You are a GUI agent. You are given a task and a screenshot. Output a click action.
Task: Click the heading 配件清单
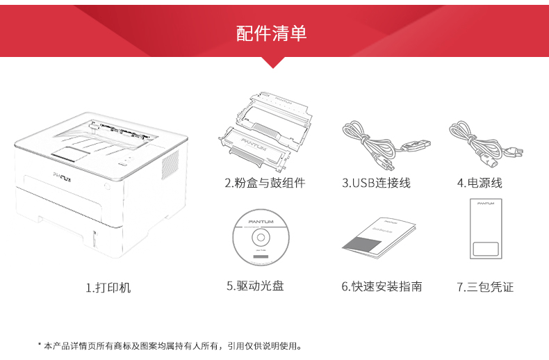[271, 33]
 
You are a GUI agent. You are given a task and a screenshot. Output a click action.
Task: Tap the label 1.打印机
[108, 288]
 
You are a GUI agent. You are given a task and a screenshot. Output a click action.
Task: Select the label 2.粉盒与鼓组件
[265, 183]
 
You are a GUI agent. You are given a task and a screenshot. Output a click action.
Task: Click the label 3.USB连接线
[376, 183]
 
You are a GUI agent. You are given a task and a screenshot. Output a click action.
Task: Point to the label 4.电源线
[480, 183]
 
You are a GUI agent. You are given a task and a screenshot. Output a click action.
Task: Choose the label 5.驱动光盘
[255, 286]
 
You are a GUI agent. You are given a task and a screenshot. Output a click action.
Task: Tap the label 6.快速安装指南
[382, 286]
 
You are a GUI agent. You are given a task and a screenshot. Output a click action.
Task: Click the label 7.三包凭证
[485, 287]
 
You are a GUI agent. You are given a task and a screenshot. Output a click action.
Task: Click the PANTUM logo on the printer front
[62, 177]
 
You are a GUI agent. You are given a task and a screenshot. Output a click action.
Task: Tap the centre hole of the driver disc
[261, 238]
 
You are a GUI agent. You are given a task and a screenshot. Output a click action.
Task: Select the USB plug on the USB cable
[418, 145]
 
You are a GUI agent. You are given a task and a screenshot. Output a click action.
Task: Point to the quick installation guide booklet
[379, 238]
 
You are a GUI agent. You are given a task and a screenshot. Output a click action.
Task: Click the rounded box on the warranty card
[486, 249]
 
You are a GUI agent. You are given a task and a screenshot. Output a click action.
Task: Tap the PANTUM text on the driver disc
[261, 222]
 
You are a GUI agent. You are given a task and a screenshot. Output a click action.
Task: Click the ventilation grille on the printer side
[170, 164]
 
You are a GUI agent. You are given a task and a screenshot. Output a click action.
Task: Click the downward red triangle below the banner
[273, 63]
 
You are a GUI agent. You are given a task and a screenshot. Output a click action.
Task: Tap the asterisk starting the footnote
[40, 345]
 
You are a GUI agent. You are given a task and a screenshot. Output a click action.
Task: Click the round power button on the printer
[107, 186]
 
